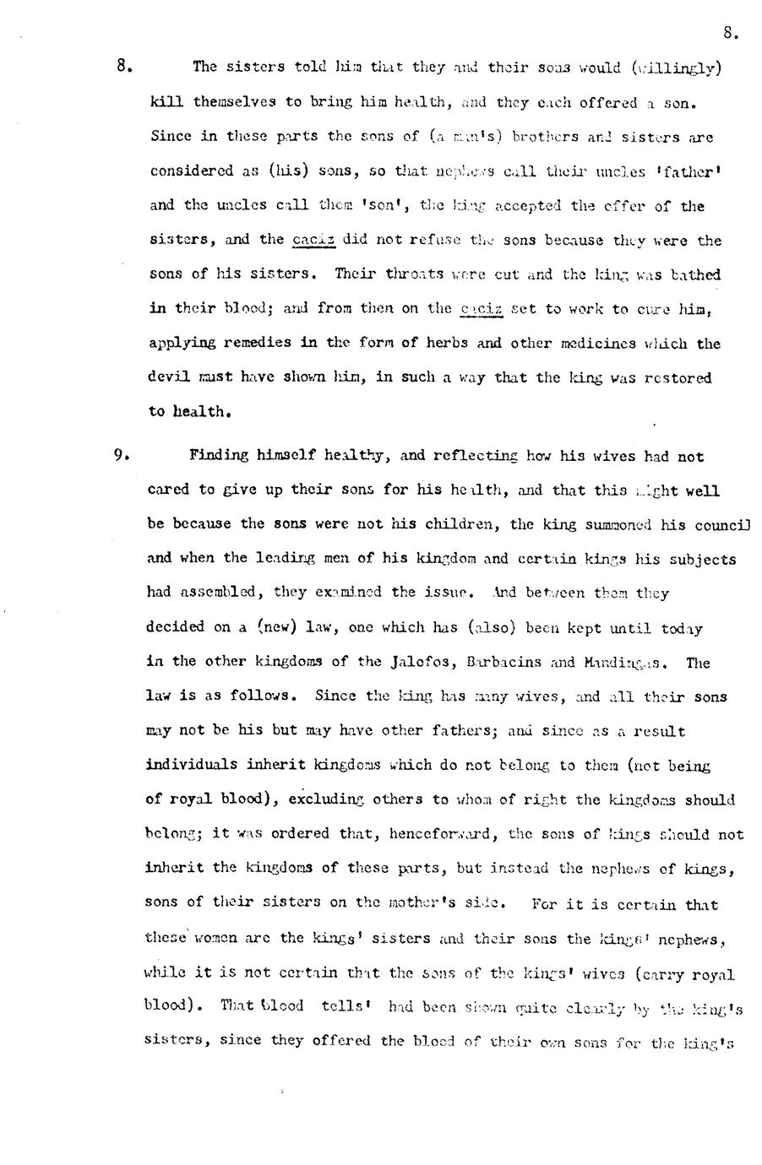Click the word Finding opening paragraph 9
click(x=219, y=456)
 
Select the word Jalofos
click(x=421, y=662)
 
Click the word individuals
click(x=192, y=766)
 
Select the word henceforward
click(x=443, y=834)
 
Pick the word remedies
click(x=250, y=343)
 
